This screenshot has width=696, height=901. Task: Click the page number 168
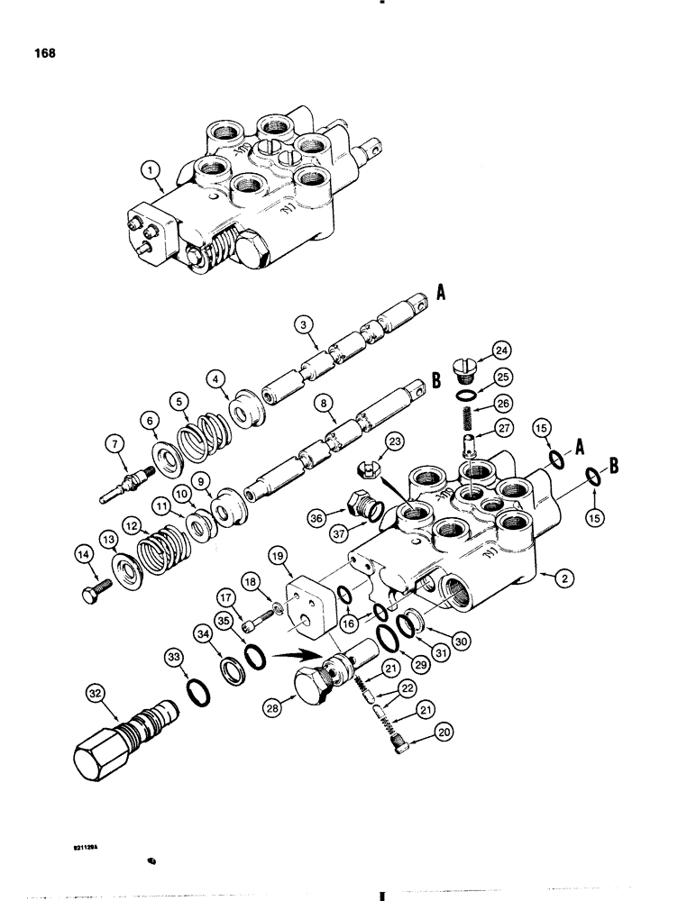click(41, 53)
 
